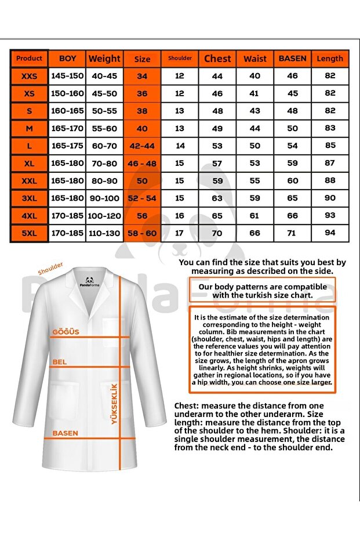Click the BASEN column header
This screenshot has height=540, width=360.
pos(293,59)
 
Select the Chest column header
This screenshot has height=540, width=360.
pos(217,59)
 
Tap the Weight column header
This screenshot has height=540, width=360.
pos(104,59)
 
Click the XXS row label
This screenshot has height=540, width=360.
pos(29,76)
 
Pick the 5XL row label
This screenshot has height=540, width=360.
pos(29,233)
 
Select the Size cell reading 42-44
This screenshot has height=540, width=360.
pos(142,146)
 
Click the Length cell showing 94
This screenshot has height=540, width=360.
pos(330,233)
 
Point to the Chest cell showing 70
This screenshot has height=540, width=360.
pos(217,233)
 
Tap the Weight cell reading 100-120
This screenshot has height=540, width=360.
pos(104,216)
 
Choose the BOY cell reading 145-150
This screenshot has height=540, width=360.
pos(67,76)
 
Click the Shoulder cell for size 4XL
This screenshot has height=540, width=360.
pos(180,216)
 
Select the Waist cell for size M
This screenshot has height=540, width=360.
pos(255,128)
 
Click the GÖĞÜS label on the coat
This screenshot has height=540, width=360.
pos(66,332)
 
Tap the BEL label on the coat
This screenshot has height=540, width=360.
pos(59,362)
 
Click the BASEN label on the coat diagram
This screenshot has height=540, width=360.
pos(65,433)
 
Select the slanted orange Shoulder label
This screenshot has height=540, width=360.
pos(50,269)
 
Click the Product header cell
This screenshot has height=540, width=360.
pos(29,59)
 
